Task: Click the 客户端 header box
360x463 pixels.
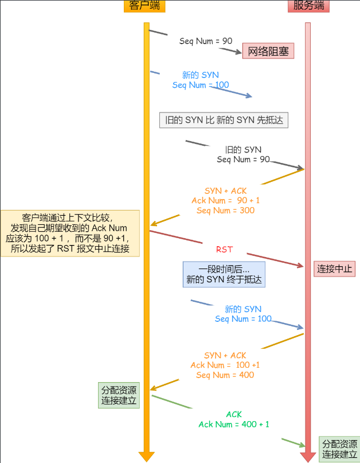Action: click(144, 6)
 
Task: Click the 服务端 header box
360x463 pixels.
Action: click(308, 6)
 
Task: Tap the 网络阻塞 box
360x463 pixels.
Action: click(268, 51)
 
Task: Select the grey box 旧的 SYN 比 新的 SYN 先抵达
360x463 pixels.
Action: click(224, 120)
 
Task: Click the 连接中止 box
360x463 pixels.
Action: click(334, 269)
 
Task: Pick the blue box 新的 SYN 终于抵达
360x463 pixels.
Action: click(224, 274)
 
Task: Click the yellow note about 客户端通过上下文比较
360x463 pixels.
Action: click(70, 234)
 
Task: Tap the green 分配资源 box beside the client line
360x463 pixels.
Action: click(119, 395)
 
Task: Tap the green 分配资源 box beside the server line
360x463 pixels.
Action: click(339, 449)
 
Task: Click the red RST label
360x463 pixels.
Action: click(224, 250)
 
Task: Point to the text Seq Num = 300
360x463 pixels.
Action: click(225, 211)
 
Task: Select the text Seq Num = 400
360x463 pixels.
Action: click(225, 375)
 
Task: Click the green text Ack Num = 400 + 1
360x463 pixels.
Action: click(234, 425)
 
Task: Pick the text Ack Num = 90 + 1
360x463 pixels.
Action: click(225, 200)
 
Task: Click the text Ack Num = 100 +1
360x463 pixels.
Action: click(225, 365)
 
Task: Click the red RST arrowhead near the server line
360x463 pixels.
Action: click(301, 266)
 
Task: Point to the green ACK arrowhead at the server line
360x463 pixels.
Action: click(303, 445)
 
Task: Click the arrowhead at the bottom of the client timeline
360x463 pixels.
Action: click(147, 457)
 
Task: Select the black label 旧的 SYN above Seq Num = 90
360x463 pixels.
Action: click(243, 150)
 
